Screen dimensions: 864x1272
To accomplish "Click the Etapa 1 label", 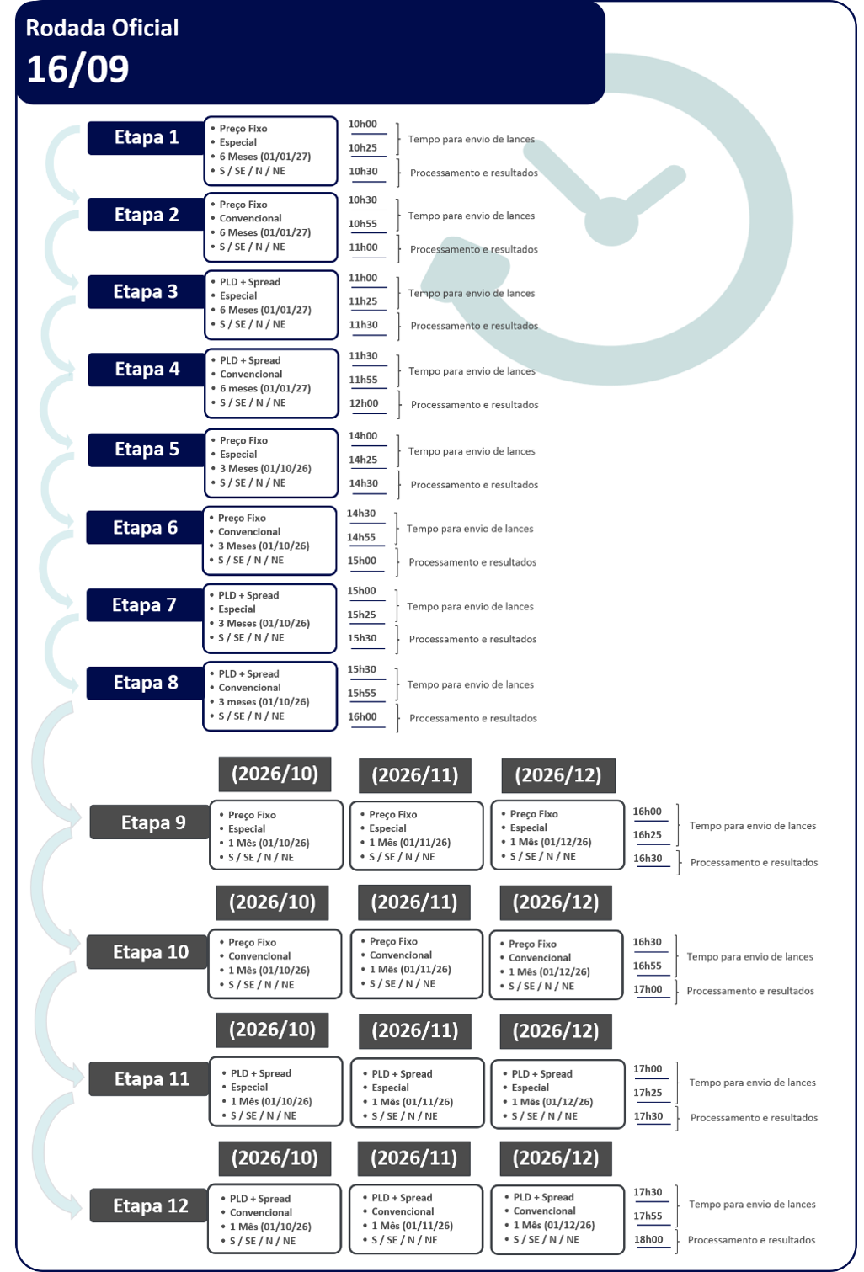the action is (146, 137).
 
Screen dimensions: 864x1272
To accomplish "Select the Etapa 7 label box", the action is (145, 604).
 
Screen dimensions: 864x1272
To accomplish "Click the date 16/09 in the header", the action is (77, 69).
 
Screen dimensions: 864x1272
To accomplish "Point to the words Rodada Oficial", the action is (102, 28).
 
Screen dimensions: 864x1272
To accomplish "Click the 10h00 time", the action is (362, 124).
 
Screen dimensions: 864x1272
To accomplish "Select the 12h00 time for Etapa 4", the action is (364, 403).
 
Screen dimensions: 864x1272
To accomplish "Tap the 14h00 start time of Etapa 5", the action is (363, 435).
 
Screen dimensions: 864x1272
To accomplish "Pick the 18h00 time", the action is (648, 1239).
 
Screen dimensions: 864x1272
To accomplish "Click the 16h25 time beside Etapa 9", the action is (648, 835).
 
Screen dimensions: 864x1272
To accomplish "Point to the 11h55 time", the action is (363, 380).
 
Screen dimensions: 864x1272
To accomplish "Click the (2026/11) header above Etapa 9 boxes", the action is (415, 775).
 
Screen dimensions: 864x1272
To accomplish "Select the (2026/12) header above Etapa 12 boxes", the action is (556, 1158).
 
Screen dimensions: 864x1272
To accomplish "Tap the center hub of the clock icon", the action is (611, 221).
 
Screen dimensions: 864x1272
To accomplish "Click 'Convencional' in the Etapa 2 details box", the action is (250, 218).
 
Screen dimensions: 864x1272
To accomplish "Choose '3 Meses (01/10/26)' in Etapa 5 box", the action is (265, 469).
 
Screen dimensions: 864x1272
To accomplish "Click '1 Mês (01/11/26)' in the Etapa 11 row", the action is (413, 1102).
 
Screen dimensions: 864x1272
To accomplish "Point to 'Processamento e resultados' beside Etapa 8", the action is (473, 718).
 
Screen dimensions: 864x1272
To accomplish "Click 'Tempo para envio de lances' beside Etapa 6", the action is (471, 528).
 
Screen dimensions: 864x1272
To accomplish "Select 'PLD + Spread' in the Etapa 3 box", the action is (250, 282).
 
